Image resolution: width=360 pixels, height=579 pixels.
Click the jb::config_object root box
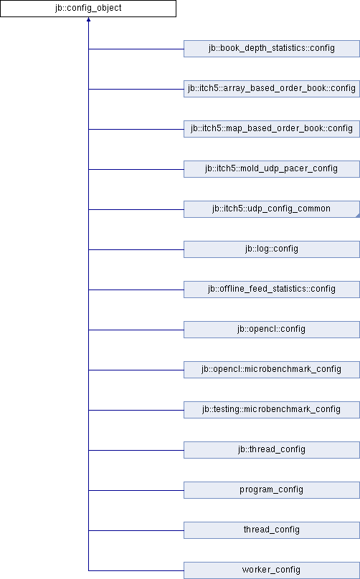tap(88, 9)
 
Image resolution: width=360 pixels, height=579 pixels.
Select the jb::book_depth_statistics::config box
tap(272, 49)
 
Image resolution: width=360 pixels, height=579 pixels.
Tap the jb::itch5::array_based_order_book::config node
tap(272, 89)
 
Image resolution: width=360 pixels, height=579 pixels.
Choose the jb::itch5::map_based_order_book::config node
tap(272, 129)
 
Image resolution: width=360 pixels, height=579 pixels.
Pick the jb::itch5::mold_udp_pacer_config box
tap(272, 169)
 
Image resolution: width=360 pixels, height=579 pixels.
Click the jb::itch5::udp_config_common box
tap(272, 209)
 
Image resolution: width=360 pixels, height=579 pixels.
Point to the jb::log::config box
tap(272, 249)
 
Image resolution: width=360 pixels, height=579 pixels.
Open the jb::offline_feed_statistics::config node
tap(272, 289)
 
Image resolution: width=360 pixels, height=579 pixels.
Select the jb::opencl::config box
tap(272, 330)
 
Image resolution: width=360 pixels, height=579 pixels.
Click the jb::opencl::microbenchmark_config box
tap(272, 370)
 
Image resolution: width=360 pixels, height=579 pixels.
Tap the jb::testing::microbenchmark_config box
tap(272, 410)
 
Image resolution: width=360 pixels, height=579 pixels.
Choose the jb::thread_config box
tap(272, 450)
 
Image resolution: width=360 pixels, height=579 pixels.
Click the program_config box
tap(272, 490)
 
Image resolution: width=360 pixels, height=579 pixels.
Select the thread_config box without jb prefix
tap(272, 530)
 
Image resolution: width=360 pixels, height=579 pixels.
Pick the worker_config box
tap(272, 570)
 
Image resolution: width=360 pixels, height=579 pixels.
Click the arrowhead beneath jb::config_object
tap(88, 19)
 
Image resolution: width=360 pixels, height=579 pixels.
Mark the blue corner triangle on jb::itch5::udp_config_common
tap(358, 216)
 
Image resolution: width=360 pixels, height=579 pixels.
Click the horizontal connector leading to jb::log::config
tap(136, 249)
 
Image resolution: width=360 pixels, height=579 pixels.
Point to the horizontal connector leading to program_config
tap(136, 490)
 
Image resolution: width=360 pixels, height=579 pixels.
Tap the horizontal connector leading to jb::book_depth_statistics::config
tap(136, 49)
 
